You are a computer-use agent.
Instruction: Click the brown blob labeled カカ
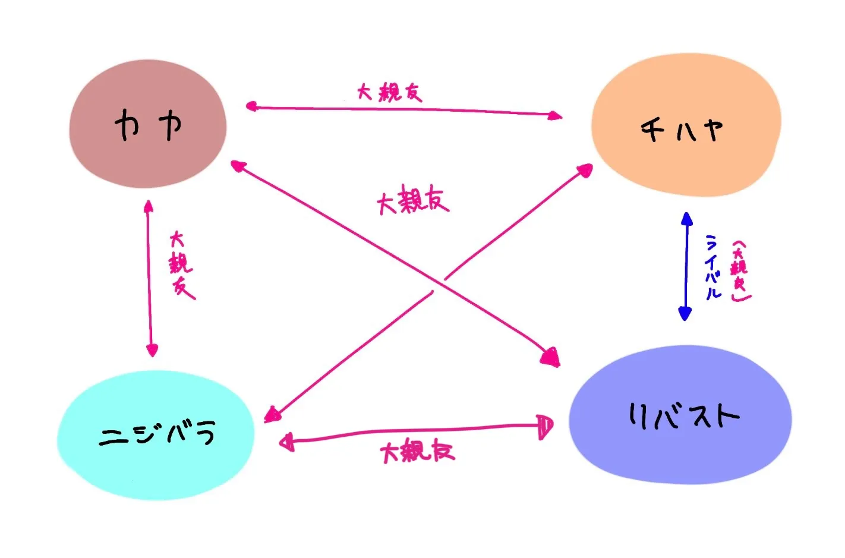pos(148,124)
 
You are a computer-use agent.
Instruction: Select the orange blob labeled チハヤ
pos(686,125)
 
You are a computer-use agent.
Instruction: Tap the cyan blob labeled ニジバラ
pos(156,435)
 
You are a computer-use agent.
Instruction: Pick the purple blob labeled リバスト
pos(680,415)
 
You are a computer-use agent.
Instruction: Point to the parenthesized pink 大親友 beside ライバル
pos(740,271)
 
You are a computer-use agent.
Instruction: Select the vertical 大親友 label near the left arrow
pos(181,266)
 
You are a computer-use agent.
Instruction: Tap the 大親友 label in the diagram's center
pos(413,199)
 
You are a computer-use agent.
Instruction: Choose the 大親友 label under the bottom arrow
pos(418,451)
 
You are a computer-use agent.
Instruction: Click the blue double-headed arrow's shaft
pos(686,266)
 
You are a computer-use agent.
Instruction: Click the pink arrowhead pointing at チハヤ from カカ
pos(555,115)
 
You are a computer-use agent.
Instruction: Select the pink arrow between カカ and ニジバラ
pos(150,279)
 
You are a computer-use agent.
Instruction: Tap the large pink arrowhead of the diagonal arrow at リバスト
pos(551,357)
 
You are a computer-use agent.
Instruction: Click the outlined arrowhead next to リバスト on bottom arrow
pos(546,427)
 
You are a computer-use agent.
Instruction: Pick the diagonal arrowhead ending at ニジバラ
pos(272,415)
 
